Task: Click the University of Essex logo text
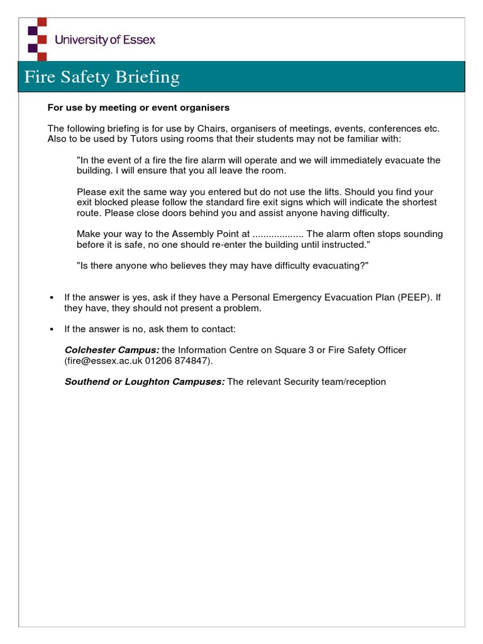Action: point(104,40)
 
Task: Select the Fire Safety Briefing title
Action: point(102,77)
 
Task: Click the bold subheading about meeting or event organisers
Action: point(138,108)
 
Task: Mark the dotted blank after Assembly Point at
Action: point(277,234)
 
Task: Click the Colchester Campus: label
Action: point(112,350)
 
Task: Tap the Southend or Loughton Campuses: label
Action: point(145,382)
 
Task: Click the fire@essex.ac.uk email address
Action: point(104,361)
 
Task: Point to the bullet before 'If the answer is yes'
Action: point(52,297)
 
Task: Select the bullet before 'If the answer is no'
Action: point(52,330)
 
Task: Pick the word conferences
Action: point(394,128)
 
